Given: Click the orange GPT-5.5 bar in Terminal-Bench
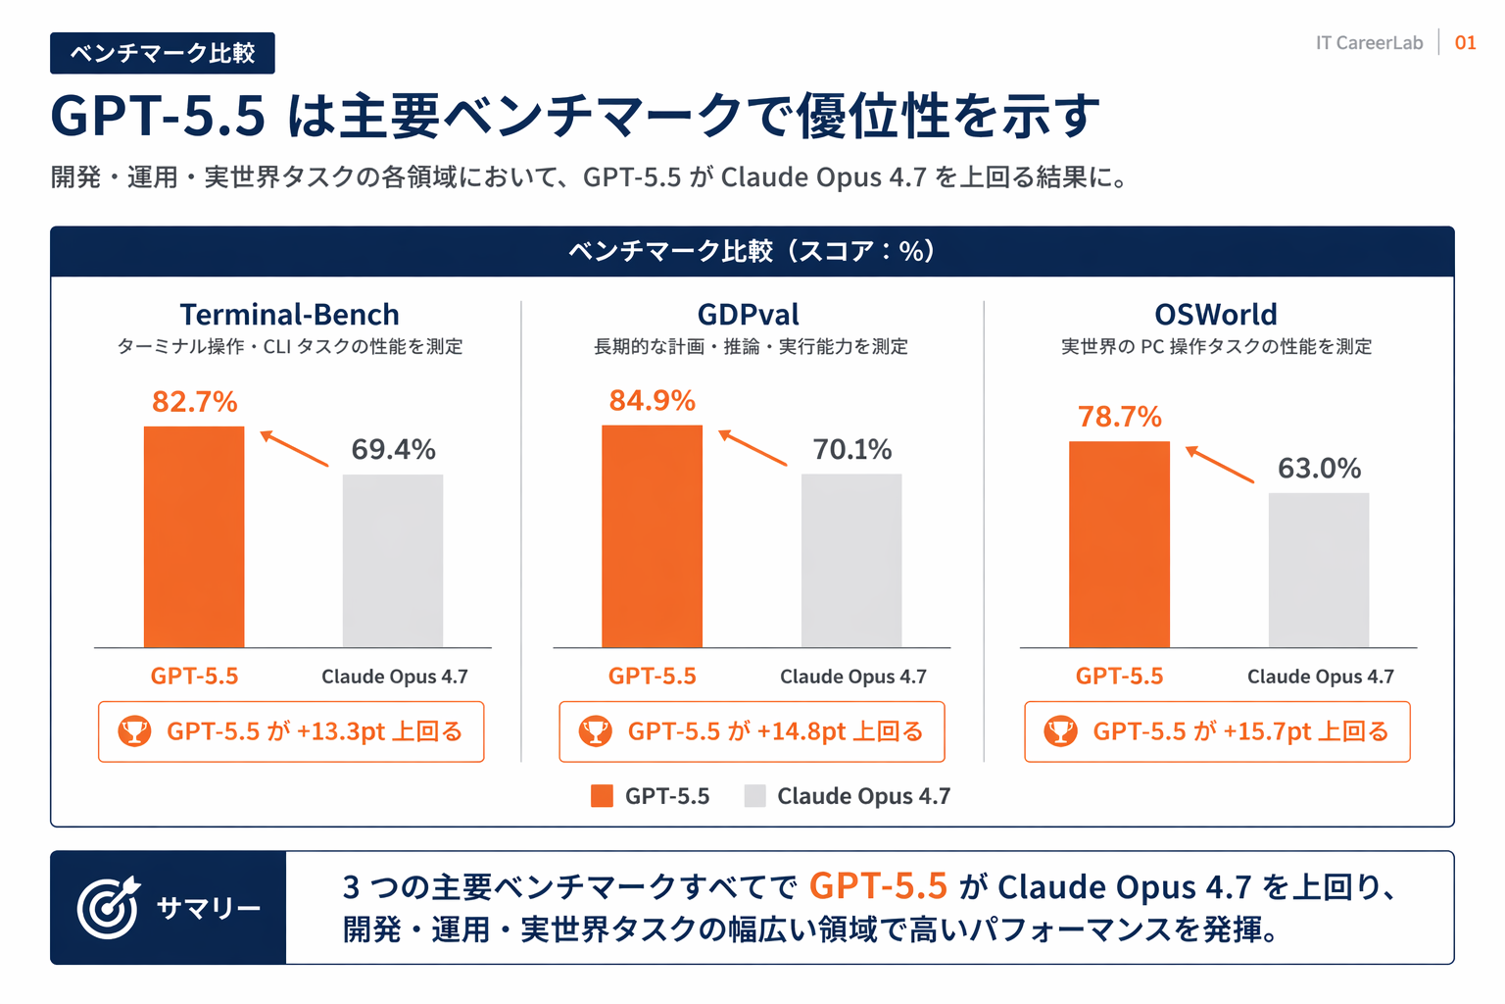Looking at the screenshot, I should tap(194, 536).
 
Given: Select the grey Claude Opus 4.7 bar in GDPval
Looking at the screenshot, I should tap(851, 560).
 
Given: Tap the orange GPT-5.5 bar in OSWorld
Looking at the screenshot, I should tap(1119, 544).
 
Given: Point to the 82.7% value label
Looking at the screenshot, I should tap(194, 402).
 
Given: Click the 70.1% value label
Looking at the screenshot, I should tap(851, 450).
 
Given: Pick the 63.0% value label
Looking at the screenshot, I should tap(1319, 469).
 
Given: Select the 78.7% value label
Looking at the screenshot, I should tap(1119, 417).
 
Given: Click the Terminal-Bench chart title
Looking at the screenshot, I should tap(289, 315).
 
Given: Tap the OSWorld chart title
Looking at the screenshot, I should tap(1215, 315).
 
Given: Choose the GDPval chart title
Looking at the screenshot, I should tap(749, 315).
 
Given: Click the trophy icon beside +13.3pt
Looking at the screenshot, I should tap(134, 731).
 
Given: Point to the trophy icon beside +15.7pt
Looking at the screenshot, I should tap(1060, 731).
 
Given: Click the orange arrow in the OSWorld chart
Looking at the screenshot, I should tap(1219, 464).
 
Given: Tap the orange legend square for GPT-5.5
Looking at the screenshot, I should tap(602, 796).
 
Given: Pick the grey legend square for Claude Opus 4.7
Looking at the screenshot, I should tap(754, 796).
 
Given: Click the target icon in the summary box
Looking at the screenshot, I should tap(108, 908).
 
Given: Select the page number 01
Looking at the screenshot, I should tap(1465, 43).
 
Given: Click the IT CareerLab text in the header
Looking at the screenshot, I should tap(1369, 43).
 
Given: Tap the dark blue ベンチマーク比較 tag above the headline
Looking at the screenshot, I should tap(163, 53).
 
